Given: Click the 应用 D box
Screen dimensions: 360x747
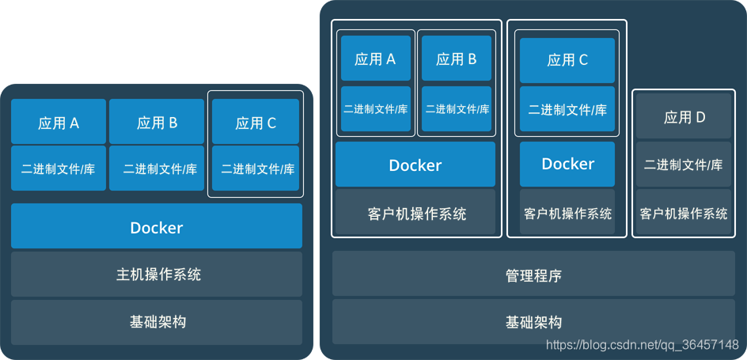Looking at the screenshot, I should click(684, 117).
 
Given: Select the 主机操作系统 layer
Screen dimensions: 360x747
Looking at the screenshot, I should click(157, 275).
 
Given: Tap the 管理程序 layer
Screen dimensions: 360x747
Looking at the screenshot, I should click(533, 276).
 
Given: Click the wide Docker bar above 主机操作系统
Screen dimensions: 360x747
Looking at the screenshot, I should click(157, 227).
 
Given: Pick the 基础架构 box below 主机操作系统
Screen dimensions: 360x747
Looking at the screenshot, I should click(157, 322).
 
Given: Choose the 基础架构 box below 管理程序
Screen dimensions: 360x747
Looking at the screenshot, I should click(533, 322).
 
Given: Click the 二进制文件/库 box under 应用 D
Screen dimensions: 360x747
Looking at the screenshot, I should click(684, 165).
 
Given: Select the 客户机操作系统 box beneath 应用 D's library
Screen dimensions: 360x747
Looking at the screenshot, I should click(684, 213).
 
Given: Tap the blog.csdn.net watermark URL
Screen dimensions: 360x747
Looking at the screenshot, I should click(643, 345).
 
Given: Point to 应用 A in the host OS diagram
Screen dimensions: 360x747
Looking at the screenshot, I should click(59, 123).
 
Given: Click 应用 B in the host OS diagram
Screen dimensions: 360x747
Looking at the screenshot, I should click(157, 123).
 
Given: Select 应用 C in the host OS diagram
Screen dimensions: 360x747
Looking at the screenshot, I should click(256, 123).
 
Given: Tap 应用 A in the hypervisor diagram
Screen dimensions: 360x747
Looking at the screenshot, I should click(376, 59).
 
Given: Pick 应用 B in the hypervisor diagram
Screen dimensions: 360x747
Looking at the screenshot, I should click(457, 59).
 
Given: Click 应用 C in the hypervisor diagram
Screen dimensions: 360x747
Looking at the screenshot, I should click(567, 60).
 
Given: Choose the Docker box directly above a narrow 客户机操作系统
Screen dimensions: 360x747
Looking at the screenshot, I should click(567, 164).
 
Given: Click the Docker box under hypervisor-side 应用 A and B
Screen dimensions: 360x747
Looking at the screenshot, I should click(415, 165).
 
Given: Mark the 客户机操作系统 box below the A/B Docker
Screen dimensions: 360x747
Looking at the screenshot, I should click(415, 213).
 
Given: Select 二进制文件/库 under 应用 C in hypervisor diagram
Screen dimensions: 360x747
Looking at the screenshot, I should click(567, 110).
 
